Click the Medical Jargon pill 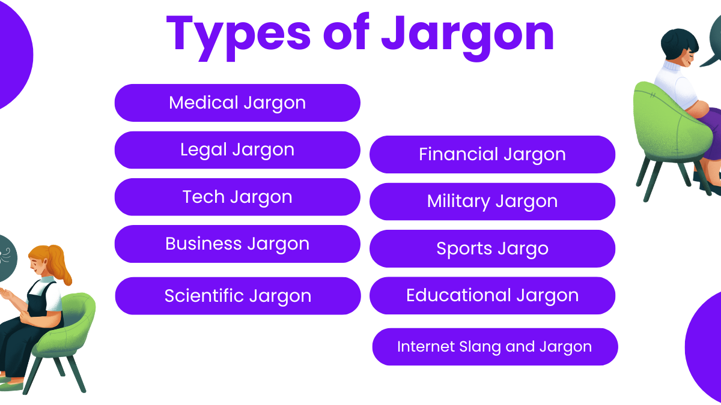point(237,103)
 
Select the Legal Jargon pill point(237,149)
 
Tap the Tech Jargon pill point(237,197)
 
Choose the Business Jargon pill point(237,244)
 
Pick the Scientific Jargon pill point(237,296)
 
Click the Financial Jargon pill point(492,154)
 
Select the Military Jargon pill point(492,201)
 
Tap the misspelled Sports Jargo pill point(492,248)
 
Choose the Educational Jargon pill point(492,295)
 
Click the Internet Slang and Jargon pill point(494,347)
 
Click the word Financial point(458,154)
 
